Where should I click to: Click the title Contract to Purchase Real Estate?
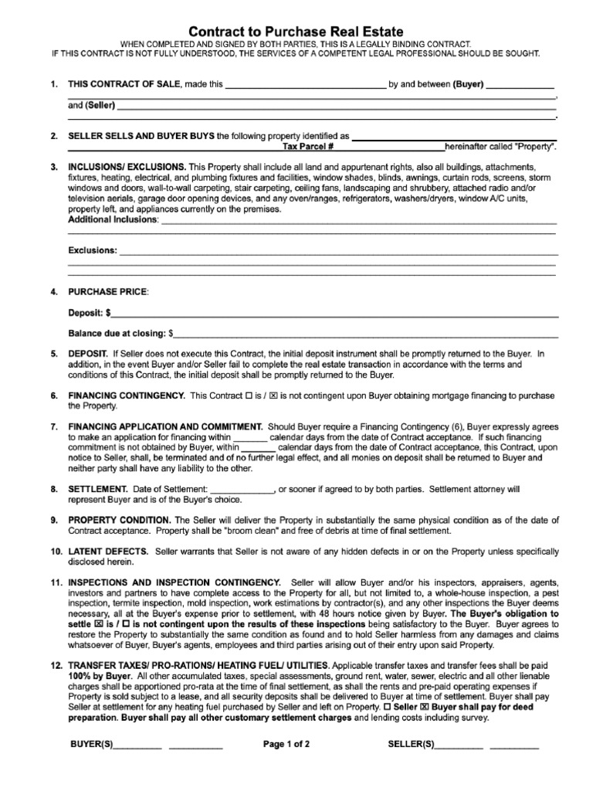coord(296,31)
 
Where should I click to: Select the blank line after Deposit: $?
coord(335,314)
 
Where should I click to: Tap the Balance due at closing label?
coord(117,334)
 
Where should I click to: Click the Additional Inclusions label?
coord(113,220)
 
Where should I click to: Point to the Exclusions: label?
coord(93,250)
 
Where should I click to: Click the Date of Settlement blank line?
coord(242,489)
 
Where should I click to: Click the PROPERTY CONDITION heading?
coord(120,520)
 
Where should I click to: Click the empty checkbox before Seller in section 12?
coord(387,707)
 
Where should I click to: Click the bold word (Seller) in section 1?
coord(100,104)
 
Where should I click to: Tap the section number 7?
coord(53,426)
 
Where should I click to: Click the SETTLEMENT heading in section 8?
coord(97,489)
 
